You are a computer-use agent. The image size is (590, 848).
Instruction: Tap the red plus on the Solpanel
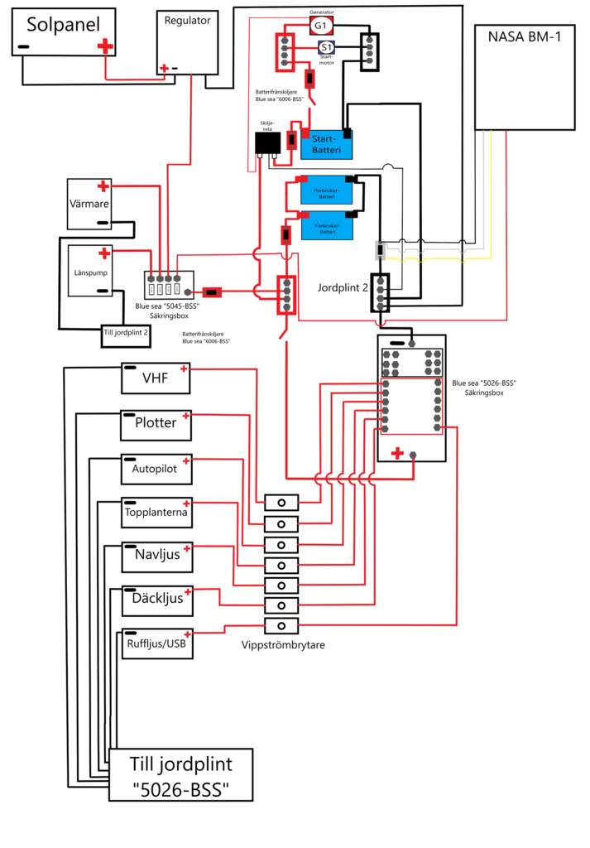[x=104, y=47]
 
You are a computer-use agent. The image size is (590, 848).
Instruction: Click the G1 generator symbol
[x=321, y=26]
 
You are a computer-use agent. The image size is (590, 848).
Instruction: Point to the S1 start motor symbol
[x=327, y=47]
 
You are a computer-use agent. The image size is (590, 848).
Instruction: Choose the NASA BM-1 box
[x=524, y=77]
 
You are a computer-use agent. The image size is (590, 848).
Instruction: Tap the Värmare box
[x=90, y=203]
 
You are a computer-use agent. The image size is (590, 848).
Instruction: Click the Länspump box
[x=89, y=271]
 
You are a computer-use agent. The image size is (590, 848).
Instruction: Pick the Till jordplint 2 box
[x=127, y=333]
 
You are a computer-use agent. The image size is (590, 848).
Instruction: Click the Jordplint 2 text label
[x=343, y=288]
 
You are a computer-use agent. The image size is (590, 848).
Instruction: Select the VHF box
[x=156, y=378]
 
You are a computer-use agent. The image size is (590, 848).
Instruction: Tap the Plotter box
[x=156, y=423]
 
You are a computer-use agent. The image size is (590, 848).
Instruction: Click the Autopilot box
[x=156, y=469]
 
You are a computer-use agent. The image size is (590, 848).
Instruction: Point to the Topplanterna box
[x=156, y=513]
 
